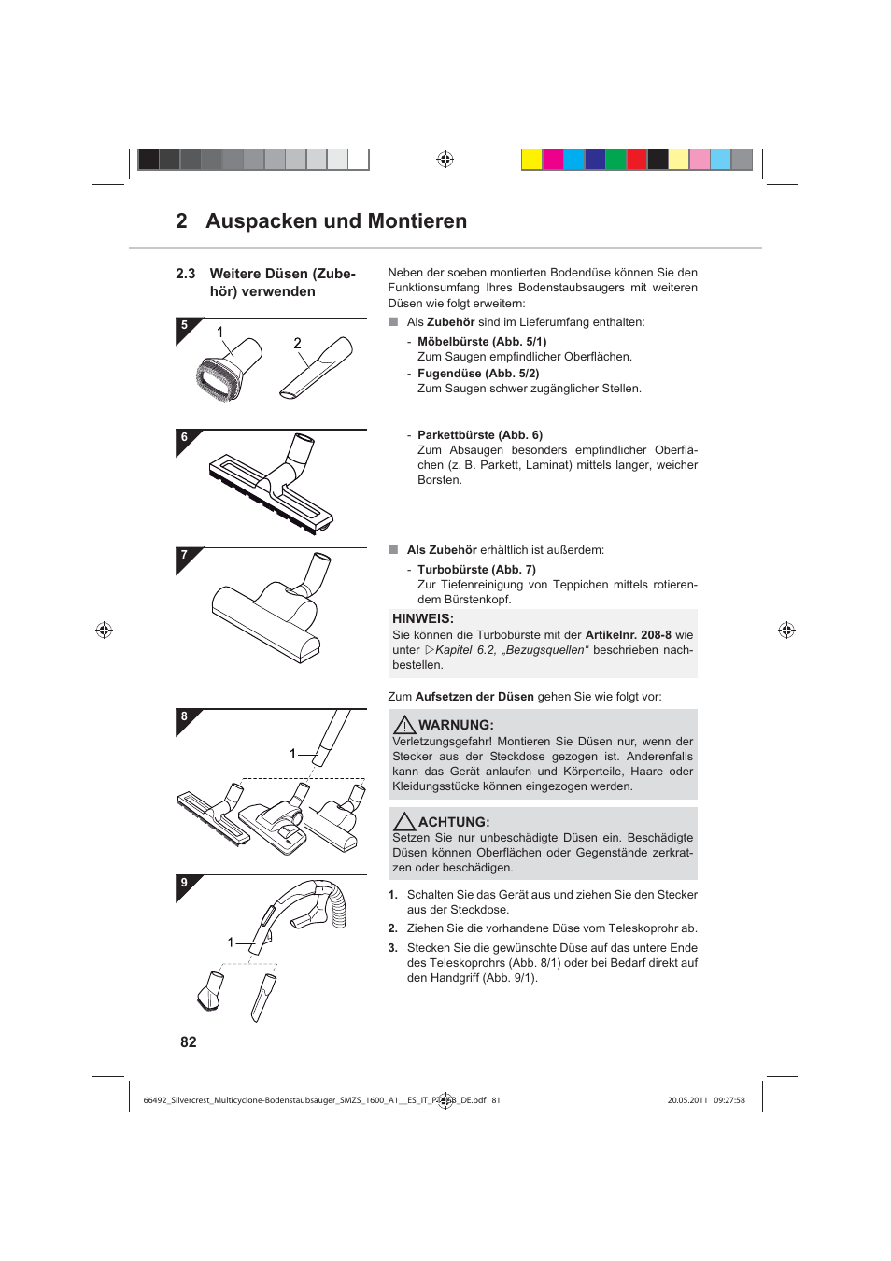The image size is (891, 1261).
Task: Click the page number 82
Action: (189, 1042)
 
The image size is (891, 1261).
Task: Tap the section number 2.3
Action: (185, 274)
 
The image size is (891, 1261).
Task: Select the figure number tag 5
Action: (185, 326)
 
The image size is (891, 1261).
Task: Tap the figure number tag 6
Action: (185, 437)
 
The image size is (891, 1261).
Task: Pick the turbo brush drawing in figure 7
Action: (272, 612)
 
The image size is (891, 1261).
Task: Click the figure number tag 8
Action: (185, 717)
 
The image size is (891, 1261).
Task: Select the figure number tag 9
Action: (185, 883)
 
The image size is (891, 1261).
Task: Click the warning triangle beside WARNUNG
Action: (403, 725)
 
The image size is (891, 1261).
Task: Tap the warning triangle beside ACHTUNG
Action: (403, 822)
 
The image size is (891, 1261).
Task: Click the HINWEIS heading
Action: (423, 618)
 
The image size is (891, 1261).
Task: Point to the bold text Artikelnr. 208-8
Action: (628, 635)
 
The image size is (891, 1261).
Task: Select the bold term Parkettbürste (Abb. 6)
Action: (479, 435)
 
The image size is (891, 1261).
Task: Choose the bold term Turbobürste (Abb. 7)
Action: (476, 570)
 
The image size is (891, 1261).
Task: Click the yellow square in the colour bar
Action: (531, 160)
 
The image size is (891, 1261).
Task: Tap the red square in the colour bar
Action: (637, 160)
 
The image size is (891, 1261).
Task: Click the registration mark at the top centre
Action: (445, 160)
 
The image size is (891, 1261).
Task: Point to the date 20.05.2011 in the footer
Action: (686, 1100)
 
